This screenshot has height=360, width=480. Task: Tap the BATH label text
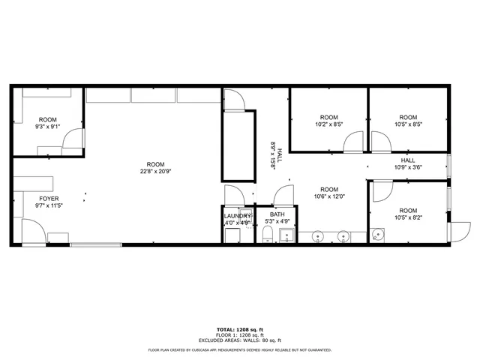point(277,214)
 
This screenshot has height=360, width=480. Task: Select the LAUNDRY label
point(238,216)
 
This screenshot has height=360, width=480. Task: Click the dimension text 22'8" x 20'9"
point(155,172)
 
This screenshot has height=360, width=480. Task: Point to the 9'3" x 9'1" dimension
point(47,127)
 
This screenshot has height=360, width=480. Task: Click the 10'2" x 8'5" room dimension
point(328,124)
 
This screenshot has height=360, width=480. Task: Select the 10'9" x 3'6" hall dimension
point(408,167)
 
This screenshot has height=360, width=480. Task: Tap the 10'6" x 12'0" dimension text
point(328,196)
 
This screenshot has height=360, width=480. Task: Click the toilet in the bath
point(268,237)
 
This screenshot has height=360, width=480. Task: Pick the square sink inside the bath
point(285,236)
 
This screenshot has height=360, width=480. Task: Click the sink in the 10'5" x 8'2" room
point(378,235)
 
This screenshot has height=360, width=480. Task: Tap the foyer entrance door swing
point(32,231)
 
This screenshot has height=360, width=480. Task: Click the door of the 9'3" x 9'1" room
point(73,139)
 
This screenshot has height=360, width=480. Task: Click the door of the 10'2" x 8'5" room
point(354,142)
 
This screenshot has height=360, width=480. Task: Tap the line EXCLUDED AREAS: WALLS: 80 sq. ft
point(239,340)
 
